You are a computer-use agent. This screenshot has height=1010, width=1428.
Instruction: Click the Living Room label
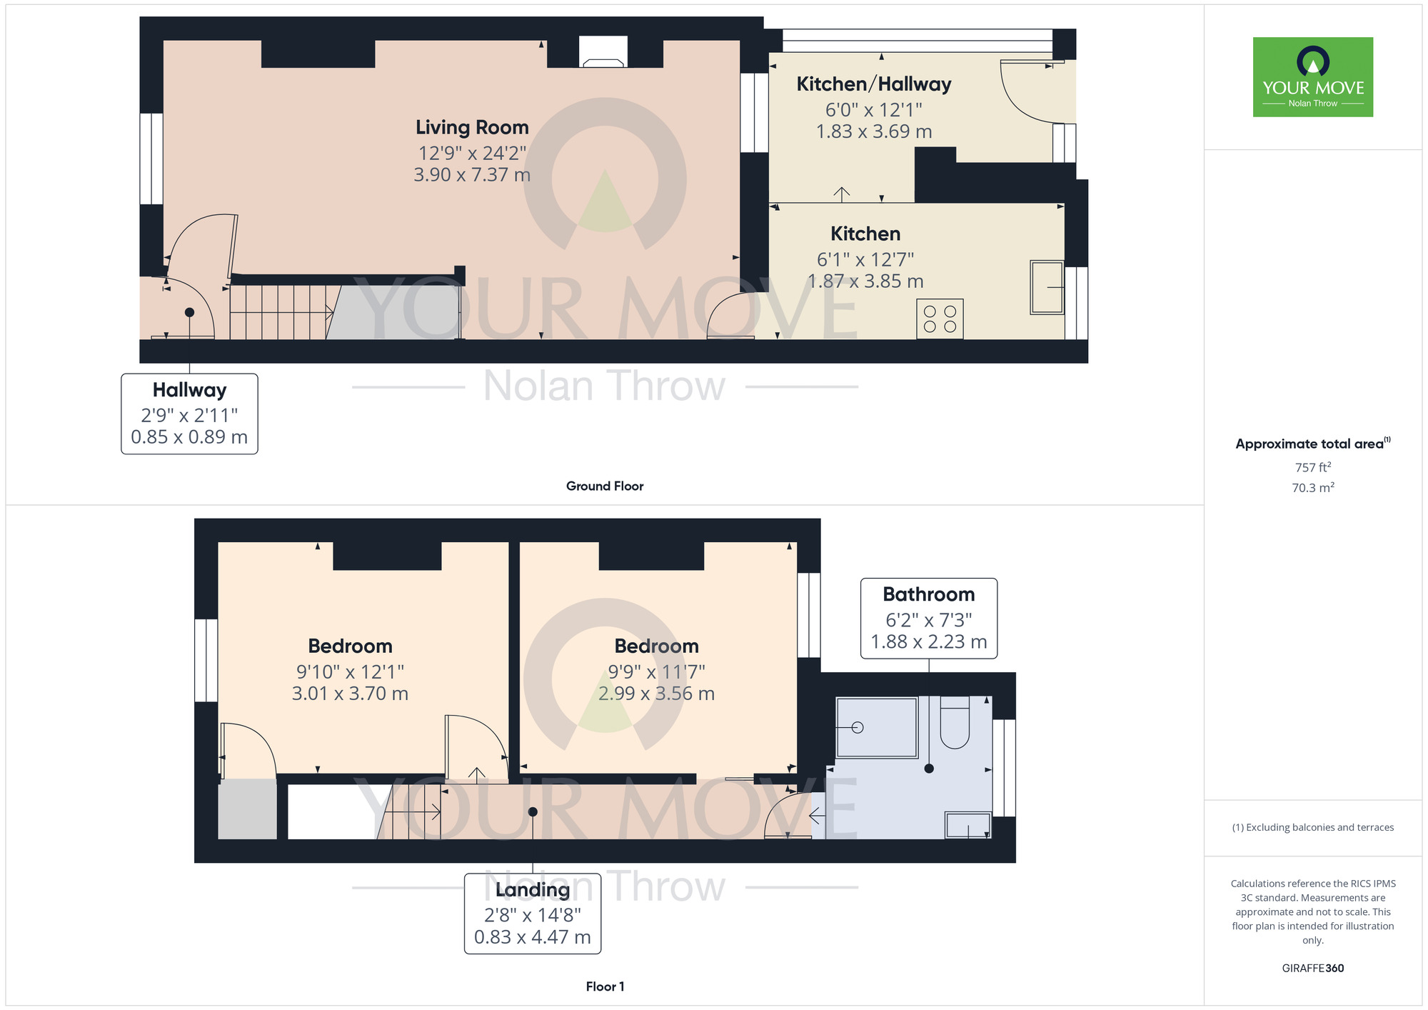pos(472,127)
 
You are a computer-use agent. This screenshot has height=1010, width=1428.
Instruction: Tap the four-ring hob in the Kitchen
pos(940,319)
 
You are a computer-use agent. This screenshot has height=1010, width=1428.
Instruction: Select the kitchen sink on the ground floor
pos(1047,287)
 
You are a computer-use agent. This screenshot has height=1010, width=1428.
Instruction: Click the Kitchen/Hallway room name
pos(874,84)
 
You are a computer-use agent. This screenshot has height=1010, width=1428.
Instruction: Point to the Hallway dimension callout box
pos(189,414)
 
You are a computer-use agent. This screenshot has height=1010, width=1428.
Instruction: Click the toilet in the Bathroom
pos(955,722)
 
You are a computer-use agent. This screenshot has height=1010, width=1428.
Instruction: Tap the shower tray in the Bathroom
pos(877,727)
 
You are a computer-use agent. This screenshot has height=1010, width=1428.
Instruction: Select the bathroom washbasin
pos(968,824)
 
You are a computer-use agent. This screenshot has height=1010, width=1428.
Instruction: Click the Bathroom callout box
pos(929,619)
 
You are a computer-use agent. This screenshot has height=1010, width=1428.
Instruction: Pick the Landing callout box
pos(533,914)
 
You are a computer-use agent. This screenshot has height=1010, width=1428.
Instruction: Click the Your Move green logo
pos(1313,77)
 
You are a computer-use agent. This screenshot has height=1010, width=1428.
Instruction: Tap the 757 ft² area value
pos(1313,467)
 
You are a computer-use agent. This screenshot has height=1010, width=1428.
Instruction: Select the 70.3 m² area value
pos(1313,488)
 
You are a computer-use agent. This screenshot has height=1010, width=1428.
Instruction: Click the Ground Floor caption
pos(605,486)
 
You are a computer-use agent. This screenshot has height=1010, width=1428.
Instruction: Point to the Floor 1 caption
pos(605,986)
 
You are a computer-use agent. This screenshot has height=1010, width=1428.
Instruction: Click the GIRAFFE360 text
pos(1313,969)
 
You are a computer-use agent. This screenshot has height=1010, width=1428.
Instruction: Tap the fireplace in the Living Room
pos(603,51)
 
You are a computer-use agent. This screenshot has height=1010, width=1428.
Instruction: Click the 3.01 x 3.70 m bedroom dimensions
pos(350,694)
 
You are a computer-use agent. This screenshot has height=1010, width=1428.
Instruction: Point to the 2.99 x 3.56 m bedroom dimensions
pos(656,694)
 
